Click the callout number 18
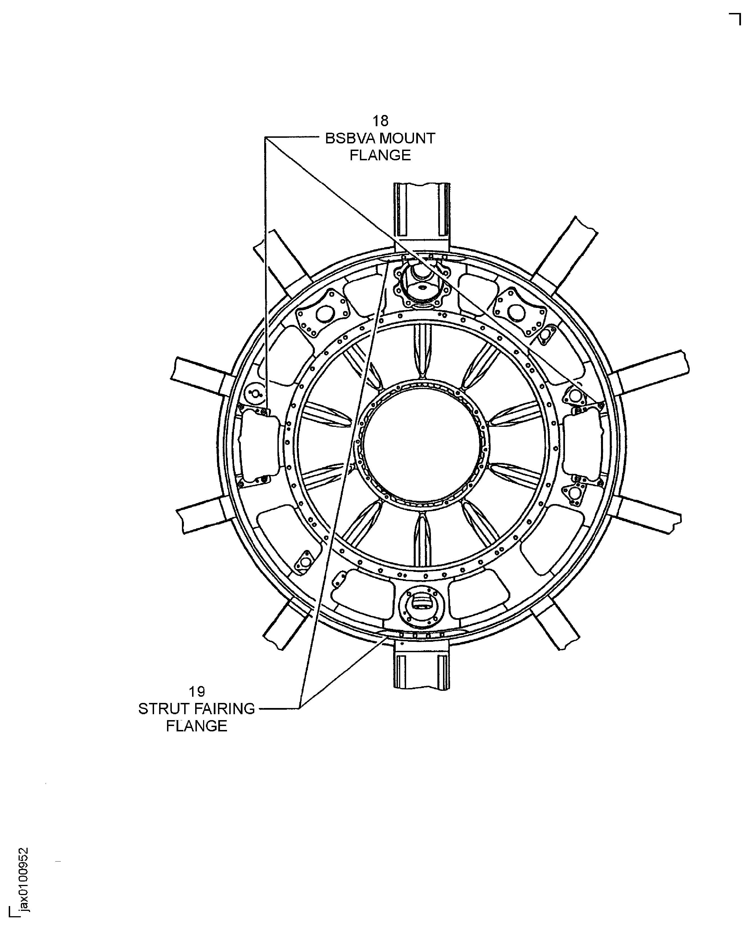tap(380, 121)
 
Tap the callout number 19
tap(197, 692)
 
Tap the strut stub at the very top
tap(422, 216)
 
